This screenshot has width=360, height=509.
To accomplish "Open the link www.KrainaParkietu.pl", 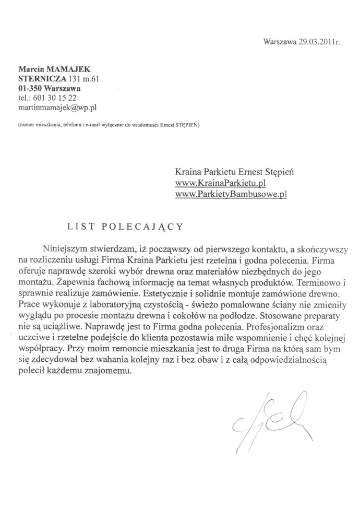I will (x=221, y=183).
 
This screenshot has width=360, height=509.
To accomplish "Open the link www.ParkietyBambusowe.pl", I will (x=231, y=195).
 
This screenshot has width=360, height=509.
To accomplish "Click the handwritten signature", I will (x=271, y=420).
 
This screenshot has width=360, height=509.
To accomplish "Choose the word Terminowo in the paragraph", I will (x=315, y=281).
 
